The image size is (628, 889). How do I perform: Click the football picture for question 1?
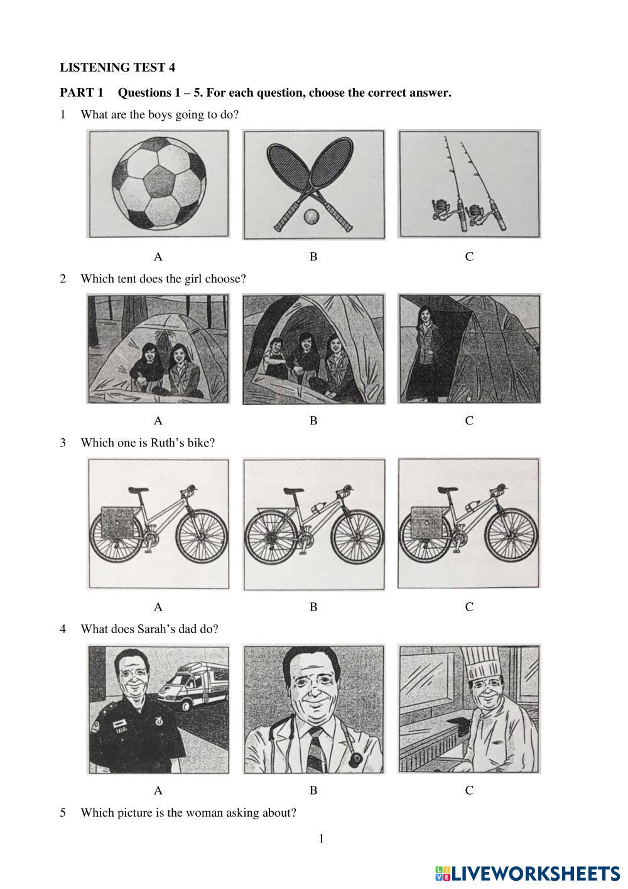(158, 184)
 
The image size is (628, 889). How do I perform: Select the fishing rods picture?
(469, 184)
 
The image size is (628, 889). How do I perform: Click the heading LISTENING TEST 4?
(117, 67)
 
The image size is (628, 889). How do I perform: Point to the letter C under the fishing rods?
(469, 257)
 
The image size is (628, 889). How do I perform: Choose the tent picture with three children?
(313, 349)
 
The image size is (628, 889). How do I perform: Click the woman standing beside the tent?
(425, 351)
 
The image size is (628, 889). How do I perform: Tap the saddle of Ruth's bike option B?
(294, 490)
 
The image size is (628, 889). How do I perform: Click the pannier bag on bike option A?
(118, 523)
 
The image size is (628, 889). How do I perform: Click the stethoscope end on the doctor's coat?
(354, 758)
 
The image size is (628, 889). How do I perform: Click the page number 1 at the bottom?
(321, 838)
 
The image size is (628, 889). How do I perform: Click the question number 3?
(63, 443)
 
